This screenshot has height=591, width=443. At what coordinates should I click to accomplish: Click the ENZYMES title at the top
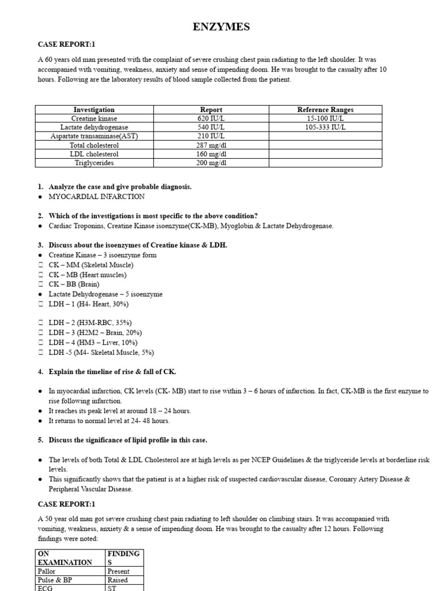[221, 27]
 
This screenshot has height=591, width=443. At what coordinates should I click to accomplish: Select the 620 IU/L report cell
[211, 118]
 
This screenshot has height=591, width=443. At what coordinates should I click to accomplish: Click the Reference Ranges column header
[325, 109]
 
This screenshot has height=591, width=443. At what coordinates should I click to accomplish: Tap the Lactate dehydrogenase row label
[94, 127]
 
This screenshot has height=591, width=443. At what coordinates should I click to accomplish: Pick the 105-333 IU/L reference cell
[325, 127]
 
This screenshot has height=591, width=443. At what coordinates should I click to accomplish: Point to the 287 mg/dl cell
[211, 145]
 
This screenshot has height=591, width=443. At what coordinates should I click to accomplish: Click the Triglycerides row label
[94, 163]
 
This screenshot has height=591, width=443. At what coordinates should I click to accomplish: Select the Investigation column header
[94, 109]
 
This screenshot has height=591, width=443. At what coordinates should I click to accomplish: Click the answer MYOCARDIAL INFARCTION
[97, 196]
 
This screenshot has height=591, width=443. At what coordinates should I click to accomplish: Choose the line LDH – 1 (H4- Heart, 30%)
[88, 304]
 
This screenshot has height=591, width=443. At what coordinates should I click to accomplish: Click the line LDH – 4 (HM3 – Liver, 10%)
[92, 342]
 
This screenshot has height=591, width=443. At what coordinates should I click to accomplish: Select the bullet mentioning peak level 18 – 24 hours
[120, 410]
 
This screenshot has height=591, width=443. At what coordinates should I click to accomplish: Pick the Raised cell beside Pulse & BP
[118, 579]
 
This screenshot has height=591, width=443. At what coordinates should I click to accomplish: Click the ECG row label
[46, 587]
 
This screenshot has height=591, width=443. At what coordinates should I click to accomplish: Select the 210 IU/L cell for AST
[211, 136]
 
